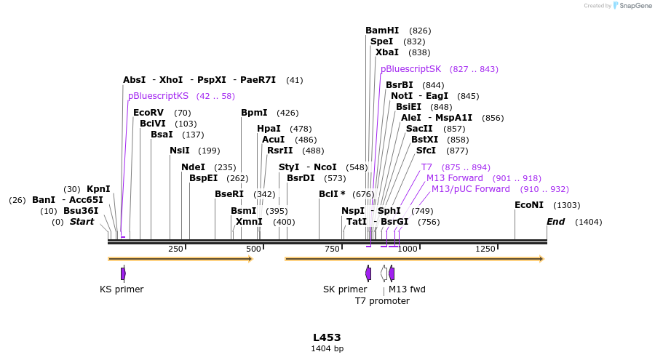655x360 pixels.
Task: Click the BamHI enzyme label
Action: pyautogui.click(x=382, y=31)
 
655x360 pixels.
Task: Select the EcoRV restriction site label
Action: pyautogui.click(x=148, y=113)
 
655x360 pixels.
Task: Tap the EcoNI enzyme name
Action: pyautogui.click(x=529, y=205)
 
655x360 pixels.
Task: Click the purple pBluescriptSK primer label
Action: pyautogui.click(x=410, y=69)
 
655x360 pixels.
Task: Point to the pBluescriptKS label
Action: pyautogui.click(x=158, y=96)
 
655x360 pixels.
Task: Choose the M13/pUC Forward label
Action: pyautogui.click(x=470, y=189)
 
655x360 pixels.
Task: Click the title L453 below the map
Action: pyautogui.click(x=327, y=337)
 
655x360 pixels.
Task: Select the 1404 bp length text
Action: pyautogui.click(x=327, y=349)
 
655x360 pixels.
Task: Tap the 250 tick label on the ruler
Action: pyautogui.click(x=175, y=249)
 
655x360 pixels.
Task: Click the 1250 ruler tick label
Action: pyautogui.click(x=485, y=249)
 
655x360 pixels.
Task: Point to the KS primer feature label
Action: pyautogui.click(x=122, y=289)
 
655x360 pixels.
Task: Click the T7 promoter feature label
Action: pyautogui.click(x=382, y=300)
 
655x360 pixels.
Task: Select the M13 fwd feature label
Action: pyautogui.click(x=407, y=289)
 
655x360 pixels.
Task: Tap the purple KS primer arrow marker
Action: pyautogui.click(x=123, y=273)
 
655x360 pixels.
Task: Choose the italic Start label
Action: pyautogui.click(x=82, y=222)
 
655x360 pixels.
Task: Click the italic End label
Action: pyautogui.click(x=555, y=222)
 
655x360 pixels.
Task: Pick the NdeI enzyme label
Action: pyautogui.click(x=193, y=167)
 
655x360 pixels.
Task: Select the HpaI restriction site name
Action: pyautogui.click(x=269, y=129)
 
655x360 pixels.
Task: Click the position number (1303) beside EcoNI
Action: pyautogui.click(x=567, y=206)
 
